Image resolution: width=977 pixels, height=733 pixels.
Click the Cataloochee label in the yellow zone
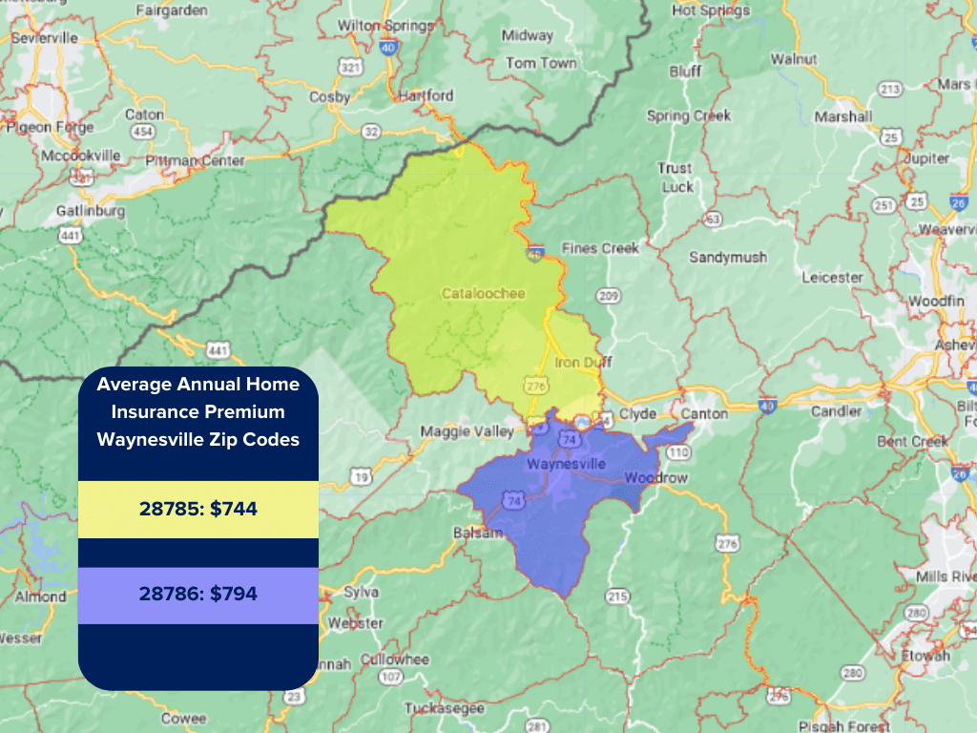tap(483, 293)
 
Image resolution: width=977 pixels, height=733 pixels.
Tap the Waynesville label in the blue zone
tap(566, 464)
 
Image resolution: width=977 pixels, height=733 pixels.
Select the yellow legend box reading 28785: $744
tap(197, 510)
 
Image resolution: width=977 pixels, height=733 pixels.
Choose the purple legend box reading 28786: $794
tap(197, 595)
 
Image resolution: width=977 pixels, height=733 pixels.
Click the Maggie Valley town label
tap(468, 431)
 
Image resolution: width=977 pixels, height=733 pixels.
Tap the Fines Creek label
tap(600, 248)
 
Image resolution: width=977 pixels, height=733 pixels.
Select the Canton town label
tap(704, 413)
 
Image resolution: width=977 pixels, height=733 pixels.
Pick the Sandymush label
tap(728, 258)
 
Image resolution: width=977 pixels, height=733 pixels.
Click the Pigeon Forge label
tap(50, 127)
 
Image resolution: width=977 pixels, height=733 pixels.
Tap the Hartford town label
tap(426, 96)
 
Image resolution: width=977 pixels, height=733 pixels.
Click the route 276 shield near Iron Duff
tap(534, 384)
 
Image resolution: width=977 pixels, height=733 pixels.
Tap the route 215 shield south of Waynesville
tap(617, 597)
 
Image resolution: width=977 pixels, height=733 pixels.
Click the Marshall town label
tap(842, 116)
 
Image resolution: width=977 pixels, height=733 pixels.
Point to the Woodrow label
tap(655, 476)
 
